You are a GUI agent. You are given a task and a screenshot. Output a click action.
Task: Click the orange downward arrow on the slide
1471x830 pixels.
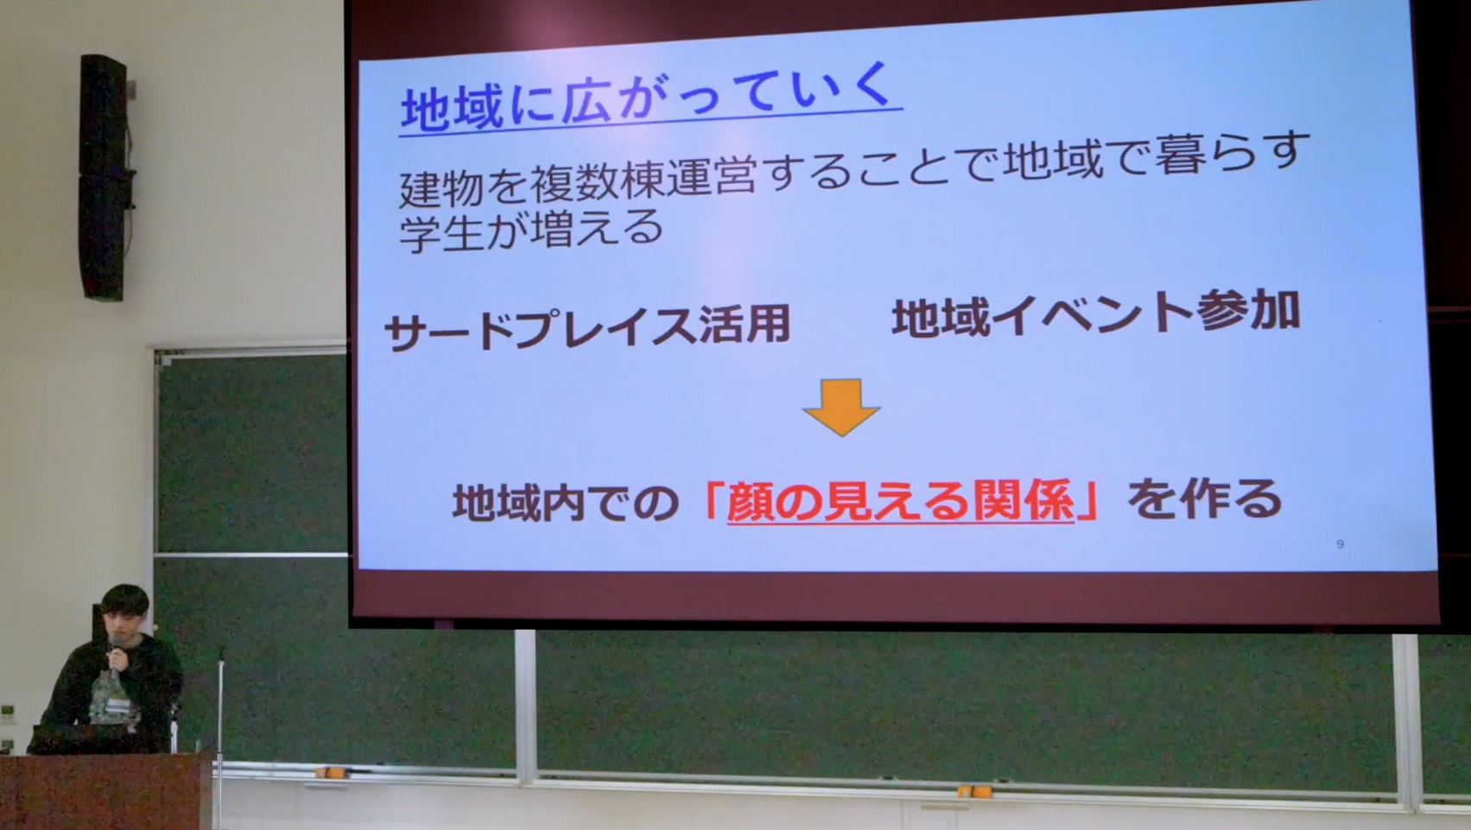click(x=841, y=407)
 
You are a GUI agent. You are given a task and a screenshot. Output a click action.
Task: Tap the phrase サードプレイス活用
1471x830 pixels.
click(x=587, y=327)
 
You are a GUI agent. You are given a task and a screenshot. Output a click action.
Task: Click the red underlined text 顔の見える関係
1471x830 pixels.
click(x=900, y=502)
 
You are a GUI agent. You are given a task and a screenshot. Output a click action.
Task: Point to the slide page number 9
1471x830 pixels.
click(x=1341, y=544)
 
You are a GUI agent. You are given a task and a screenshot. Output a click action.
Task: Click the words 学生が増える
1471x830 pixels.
click(x=530, y=231)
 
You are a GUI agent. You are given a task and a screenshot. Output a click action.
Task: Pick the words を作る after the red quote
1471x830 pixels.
click(x=1204, y=499)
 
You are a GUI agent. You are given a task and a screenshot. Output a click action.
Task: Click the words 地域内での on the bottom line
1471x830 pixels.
click(x=565, y=503)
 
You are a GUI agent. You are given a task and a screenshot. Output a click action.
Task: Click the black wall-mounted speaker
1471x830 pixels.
click(x=104, y=177)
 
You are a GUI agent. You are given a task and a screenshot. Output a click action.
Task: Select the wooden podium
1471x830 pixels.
click(x=105, y=792)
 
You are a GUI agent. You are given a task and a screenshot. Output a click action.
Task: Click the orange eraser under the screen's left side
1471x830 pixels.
click(x=327, y=772)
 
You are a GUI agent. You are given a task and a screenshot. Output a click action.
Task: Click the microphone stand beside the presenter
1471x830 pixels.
click(x=220, y=736)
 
